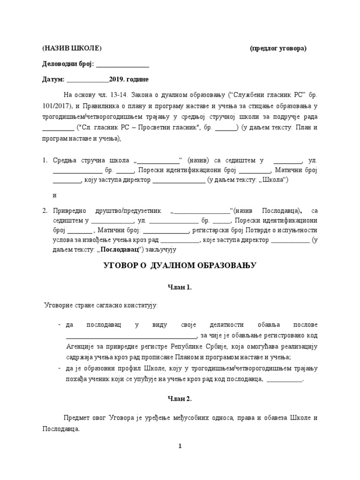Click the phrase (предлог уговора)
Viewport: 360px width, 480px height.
point(278,48)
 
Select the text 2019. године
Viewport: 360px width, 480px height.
point(129,79)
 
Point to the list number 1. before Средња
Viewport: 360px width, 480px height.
point(45,160)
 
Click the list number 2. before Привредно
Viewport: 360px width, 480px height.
point(45,211)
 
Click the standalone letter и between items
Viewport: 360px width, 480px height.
point(55,195)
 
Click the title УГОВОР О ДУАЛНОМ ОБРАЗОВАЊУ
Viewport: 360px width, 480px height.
point(180,265)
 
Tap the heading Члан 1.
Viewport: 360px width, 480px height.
point(180,287)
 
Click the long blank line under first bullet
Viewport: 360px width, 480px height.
point(131,336)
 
